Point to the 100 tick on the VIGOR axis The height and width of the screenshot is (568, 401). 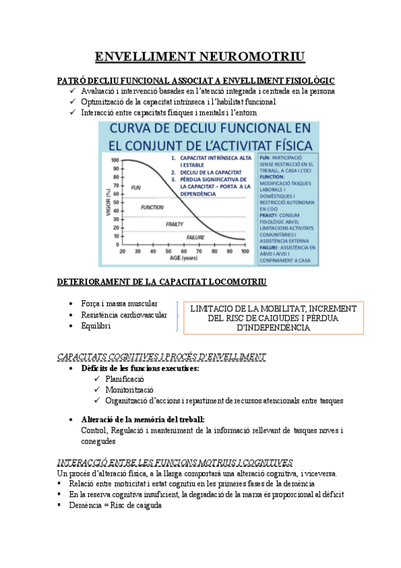(114, 160)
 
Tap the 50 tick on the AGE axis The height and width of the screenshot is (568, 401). (167, 251)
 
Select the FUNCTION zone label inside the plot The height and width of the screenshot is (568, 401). (153, 208)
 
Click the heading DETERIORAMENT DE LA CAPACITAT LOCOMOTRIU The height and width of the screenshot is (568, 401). (161, 281)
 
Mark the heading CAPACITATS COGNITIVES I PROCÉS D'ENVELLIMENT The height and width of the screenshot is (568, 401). (161, 357)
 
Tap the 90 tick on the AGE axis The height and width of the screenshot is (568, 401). (228, 251)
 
